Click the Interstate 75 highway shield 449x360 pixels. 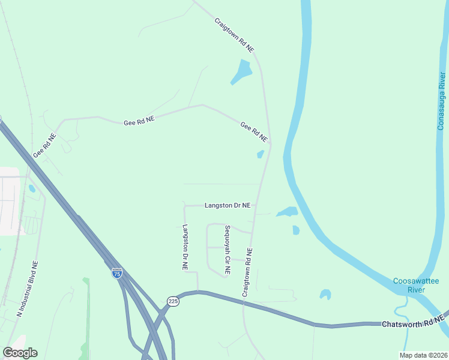[x=117, y=274]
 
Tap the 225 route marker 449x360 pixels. [x=173, y=302]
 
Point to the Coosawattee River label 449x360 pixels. [x=408, y=285]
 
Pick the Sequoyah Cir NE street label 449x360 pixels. [x=228, y=250]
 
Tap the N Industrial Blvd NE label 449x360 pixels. [x=27, y=289]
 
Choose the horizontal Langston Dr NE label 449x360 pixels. [x=228, y=205]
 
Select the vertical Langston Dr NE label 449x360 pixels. [x=185, y=247]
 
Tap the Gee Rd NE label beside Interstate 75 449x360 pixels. [x=45, y=145]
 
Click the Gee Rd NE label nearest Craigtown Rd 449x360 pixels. [x=253, y=130]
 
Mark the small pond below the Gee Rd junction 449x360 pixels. [x=261, y=154]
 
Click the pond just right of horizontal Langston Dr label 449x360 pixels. [x=287, y=212]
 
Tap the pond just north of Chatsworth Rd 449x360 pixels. [x=325, y=294]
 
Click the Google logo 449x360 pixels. [x=20, y=353]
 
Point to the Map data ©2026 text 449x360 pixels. [x=423, y=355]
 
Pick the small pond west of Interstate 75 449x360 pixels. [x=31, y=188]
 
